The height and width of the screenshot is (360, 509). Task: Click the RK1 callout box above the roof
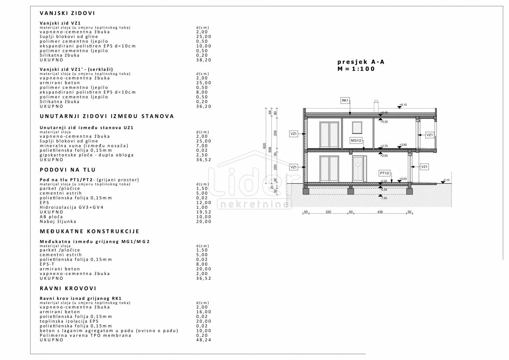point(345,101)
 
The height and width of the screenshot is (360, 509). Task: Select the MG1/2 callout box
point(356,141)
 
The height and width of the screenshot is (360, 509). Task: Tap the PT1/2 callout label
point(385,173)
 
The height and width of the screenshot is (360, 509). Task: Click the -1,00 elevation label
point(384,198)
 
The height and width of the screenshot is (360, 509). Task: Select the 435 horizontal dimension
point(380,212)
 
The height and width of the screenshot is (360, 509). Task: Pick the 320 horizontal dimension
point(328,212)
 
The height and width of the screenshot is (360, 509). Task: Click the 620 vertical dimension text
point(264,146)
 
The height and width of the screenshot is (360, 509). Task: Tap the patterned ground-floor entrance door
point(358,169)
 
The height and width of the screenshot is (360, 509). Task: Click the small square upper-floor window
point(357,128)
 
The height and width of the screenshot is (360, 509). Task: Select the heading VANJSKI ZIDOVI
point(67,13)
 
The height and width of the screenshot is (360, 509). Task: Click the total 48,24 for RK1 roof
point(204,340)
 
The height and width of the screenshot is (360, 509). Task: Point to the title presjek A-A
point(361,62)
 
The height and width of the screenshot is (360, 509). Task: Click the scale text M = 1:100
point(356,69)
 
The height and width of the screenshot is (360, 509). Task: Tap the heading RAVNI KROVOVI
point(68,288)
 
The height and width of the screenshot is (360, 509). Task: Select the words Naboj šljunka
point(58,222)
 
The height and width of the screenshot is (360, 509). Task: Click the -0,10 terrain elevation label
point(446,180)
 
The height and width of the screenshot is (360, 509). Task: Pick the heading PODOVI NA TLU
point(68,170)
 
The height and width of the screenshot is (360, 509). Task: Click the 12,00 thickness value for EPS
point(204,203)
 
